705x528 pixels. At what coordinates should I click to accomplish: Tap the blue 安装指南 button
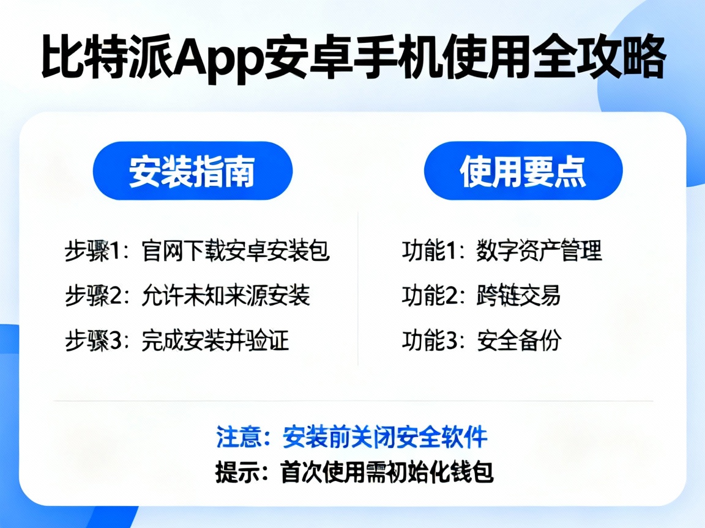point(192,172)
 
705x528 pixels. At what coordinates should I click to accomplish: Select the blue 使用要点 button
point(523,172)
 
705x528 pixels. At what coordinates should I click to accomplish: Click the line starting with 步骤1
point(197,251)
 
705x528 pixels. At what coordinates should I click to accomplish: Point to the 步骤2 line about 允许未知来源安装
point(187,296)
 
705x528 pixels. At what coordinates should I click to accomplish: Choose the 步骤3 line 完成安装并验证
point(177,340)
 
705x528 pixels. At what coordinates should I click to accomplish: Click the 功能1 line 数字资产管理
point(502,251)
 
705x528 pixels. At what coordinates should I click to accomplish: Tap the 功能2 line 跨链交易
point(481,296)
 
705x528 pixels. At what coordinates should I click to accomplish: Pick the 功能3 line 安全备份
point(481,340)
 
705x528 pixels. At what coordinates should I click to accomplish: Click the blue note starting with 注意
point(352,438)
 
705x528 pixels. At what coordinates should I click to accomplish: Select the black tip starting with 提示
point(354,472)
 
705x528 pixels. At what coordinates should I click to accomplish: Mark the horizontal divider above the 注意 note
point(354,401)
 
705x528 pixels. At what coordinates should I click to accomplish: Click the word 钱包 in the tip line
point(474,472)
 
